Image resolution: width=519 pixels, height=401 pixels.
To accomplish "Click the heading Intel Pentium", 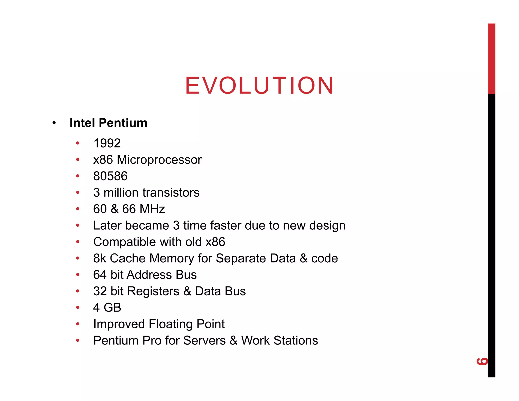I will click(x=108, y=123).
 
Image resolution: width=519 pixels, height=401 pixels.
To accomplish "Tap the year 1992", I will click(x=107, y=143).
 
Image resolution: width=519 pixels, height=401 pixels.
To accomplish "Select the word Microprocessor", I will click(x=159, y=160).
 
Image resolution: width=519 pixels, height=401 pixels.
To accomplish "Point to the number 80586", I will click(x=110, y=176).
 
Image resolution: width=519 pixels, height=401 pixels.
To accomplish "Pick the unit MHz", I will click(x=152, y=209).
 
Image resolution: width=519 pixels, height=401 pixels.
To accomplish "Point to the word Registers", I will click(x=153, y=291).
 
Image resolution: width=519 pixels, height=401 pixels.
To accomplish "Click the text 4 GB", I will click(x=107, y=307).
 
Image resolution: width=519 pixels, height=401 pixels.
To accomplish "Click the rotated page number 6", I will click(x=482, y=361).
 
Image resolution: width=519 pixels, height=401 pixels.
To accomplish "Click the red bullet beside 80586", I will click(x=78, y=176).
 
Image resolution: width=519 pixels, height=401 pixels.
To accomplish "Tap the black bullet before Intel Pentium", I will click(x=54, y=123).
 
